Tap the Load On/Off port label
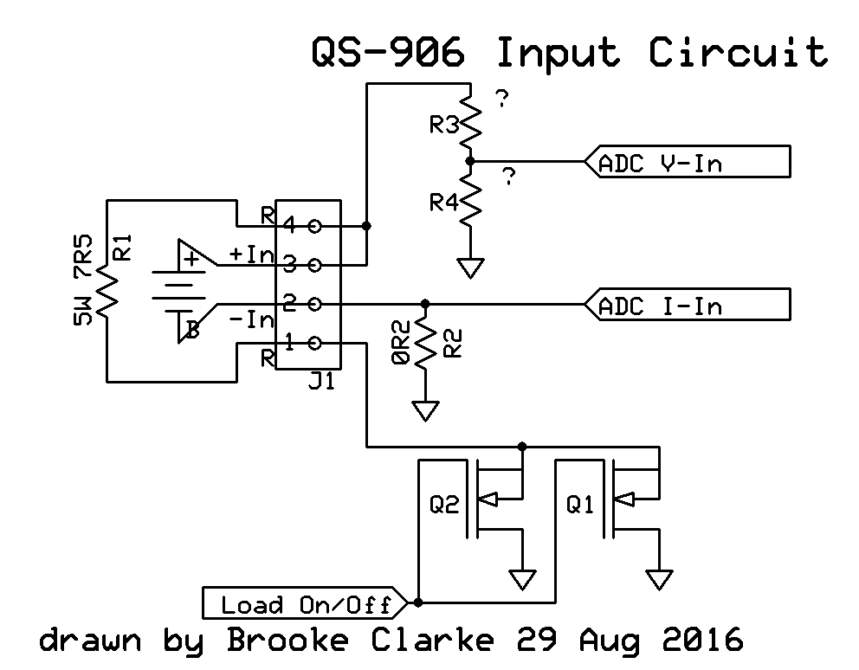[x=305, y=603]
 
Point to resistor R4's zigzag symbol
[x=469, y=199]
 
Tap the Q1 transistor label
[x=580, y=504]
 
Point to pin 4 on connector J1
[x=314, y=226]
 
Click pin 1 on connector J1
[x=314, y=344]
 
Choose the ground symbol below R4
[x=469, y=267]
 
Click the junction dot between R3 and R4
[x=469, y=161]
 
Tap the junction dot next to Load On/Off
[x=418, y=602]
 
